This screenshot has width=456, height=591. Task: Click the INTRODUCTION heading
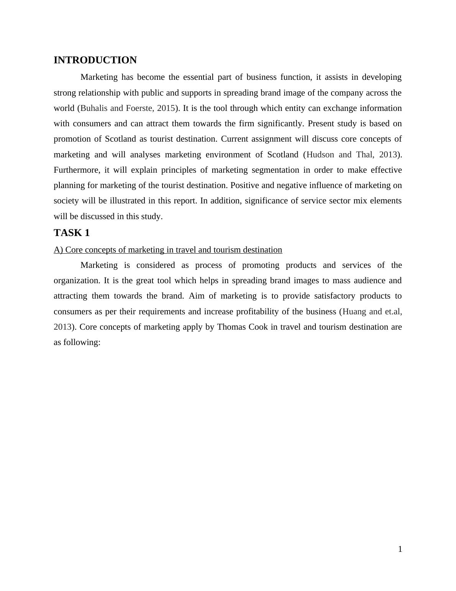(x=95, y=60)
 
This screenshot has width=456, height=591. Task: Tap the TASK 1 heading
(x=72, y=233)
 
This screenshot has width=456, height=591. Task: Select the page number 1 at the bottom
(x=400, y=549)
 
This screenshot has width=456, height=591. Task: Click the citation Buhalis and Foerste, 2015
(x=128, y=108)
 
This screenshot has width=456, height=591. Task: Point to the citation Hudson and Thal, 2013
(x=352, y=155)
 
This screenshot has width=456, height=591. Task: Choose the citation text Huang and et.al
(x=372, y=312)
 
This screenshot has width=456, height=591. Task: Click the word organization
(x=77, y=281)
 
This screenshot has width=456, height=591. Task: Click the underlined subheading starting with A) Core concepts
(x=168, y=250)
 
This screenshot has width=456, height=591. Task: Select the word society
(x=66, y=201)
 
